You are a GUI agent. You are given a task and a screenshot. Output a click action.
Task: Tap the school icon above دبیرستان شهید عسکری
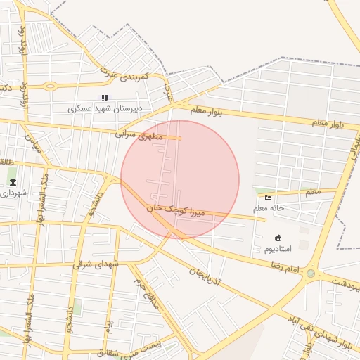pyautogui.click(x=105, y=98)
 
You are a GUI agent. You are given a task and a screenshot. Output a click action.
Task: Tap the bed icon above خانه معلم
pyautogui.click(x=268, y=198)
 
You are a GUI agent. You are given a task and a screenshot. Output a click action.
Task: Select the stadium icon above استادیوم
pyautogui.click(x=278, y=238)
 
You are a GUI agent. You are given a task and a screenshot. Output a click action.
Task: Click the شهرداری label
pyautogui.click(x=14, y=193)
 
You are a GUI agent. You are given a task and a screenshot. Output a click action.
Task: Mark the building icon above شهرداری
pyautogui.click(x=13, y=182)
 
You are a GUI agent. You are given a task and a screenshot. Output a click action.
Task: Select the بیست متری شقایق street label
pyautogui.click(x=134, y=349)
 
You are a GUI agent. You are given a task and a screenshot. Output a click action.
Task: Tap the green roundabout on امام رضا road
pyautogui.click(x=311, y=273)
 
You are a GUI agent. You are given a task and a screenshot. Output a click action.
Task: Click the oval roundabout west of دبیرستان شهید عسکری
pyautogui.click(x=50, y=87)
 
